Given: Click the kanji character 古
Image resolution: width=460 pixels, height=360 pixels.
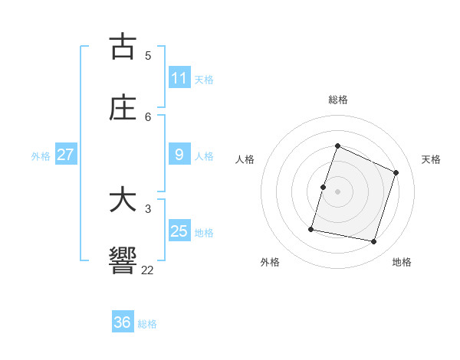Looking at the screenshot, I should [x=123, y=46].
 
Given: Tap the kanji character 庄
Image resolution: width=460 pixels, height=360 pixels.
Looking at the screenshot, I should [x=123, y=108].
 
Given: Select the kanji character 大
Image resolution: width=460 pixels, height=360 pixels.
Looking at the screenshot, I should [x=123, y=200].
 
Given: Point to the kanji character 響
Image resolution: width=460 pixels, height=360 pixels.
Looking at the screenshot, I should [x=123, y=260].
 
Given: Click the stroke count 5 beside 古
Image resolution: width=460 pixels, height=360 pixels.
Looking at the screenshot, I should [x=148, y=55].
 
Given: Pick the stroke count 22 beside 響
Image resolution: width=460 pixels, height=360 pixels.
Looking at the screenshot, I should [x=148, y=270].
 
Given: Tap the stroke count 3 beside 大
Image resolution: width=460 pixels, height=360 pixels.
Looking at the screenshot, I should [x=148, y=208].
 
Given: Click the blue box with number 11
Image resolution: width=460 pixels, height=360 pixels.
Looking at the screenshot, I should [x=179, y=78].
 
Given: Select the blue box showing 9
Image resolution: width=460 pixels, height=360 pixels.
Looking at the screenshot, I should [x=179, y=155].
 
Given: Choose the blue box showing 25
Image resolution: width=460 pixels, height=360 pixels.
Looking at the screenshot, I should [x=179, y=231].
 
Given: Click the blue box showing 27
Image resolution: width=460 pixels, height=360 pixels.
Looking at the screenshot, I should [x=66, y=155].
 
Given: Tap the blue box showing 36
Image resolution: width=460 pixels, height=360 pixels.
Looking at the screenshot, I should [x=123, y=322].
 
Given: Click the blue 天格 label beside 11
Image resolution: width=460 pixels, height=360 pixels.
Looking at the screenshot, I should [x=204, y=79].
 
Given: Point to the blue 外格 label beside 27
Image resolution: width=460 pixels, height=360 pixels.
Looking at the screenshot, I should [x=41, y=155].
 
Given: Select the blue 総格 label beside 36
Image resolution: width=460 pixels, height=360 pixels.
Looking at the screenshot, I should [x=147, y=323].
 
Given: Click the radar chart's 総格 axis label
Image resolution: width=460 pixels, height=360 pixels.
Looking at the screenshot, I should [x=337, y=100].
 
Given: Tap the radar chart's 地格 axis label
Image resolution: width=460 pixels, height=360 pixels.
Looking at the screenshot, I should [x=402, y=262].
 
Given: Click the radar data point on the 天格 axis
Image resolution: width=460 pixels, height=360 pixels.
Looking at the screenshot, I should [x=396, y=172].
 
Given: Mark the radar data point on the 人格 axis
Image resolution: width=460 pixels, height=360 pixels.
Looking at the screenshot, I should [x=323, y=187].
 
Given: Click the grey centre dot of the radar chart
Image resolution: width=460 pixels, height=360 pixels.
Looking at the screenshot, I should [x=337, y=191].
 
